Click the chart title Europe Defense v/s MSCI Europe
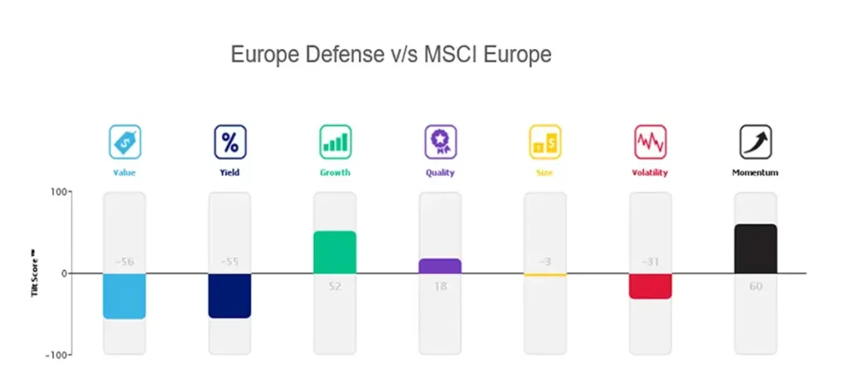391,56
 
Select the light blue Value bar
124,296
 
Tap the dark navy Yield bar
229,295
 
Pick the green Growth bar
334,252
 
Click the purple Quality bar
440,266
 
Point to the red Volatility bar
650,286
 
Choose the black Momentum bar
755,248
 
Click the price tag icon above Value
125,142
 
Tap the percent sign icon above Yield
230,142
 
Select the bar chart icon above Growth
335,142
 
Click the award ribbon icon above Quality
440,142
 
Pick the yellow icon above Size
545,142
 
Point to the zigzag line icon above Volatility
650,142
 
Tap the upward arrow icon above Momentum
755,142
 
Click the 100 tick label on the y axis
58,192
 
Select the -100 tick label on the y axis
56,355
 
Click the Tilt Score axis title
37,273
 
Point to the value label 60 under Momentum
755,287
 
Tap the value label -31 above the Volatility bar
650,262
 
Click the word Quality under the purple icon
440,173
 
